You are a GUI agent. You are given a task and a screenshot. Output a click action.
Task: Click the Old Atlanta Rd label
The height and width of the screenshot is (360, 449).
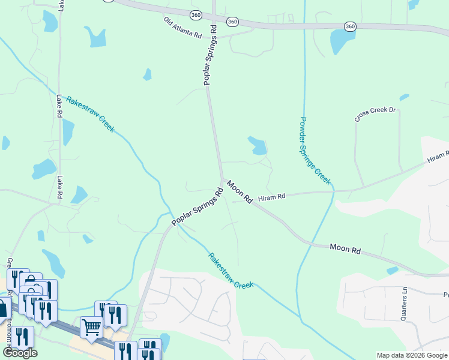(x=182, y=28)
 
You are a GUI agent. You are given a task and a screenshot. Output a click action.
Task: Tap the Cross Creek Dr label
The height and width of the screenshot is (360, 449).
(x=376, y=113)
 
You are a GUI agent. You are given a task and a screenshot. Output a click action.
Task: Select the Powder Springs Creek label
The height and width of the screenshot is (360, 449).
(x=315, y=150)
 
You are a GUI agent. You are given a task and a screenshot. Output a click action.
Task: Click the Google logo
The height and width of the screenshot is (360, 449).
(x=20, y=353)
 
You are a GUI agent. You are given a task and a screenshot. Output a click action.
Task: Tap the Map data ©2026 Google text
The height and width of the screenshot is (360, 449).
(x=411, y=355)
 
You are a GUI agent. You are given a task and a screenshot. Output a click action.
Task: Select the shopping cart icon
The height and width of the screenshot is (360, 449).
(x=91, y=328)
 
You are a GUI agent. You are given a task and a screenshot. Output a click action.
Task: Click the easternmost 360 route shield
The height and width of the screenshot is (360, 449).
(x=351, y=26)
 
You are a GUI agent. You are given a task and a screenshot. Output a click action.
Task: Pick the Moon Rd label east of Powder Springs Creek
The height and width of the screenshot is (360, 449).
(x=345, y=247)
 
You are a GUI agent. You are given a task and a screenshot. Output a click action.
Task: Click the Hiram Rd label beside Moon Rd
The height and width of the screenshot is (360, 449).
(x=271, y=197)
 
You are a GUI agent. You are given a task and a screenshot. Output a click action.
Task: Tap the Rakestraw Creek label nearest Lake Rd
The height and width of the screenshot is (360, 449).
(x=90, y=114)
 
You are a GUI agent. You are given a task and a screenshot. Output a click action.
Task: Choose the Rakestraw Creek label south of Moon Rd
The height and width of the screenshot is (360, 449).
(x=231, y=271)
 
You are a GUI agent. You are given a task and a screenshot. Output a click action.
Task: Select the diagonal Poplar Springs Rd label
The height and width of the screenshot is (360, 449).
(x=197, y=207)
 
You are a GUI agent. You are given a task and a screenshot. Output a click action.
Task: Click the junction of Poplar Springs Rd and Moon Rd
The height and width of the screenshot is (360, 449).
(x=223, y=179)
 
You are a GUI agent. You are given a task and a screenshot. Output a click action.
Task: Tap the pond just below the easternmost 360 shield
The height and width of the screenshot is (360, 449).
(x=339, y=42)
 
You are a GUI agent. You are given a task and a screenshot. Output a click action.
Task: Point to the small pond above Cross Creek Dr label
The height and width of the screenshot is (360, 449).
(x=404, y=97)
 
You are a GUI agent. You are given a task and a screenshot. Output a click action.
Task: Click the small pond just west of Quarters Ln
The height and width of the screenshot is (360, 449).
(x=393, y=271)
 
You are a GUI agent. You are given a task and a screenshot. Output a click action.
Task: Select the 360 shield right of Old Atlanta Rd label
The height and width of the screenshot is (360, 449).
(x=232, y=22)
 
